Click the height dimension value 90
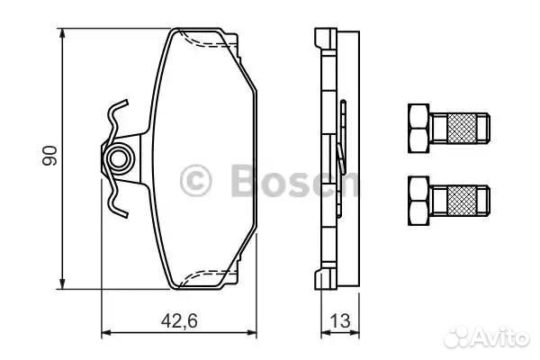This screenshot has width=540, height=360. pyautogui.click(x=49, y=156)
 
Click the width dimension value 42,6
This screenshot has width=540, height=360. pyautogui.click(x=179, y=321)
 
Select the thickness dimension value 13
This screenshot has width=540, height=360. pyautogui.click(x=340, y=321)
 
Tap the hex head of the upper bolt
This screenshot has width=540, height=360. pyautogui.click(x=418, y=129)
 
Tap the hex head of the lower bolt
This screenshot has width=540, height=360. pyautogui.click(x=418, y=202)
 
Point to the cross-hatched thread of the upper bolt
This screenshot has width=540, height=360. pyautogui.click(x=463, y=129)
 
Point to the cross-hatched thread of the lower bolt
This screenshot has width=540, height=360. pyautogui.click(x=463, y=202)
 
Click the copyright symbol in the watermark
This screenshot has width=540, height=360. pyautogui.click(x=195, y=181)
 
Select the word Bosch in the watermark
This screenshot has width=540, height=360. pyautogui.click(x=294, y=181)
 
